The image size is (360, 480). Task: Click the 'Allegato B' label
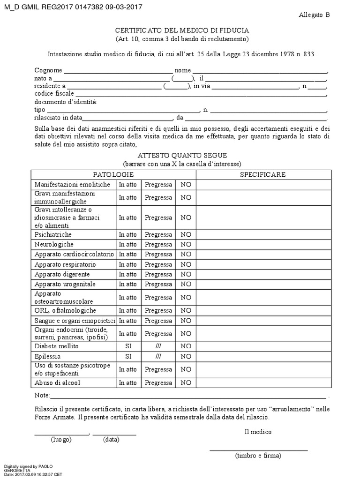(314, 15)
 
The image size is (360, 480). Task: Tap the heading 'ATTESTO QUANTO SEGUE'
(182, 156)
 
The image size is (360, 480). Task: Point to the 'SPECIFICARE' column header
(262, 174)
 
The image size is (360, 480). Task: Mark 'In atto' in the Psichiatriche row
(127, 234)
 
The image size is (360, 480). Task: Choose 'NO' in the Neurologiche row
(186, 244)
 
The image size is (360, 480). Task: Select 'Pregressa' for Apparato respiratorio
(158, 264)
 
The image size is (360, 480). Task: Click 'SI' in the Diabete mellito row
(127, 346)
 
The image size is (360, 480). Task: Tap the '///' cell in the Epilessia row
(158, 356)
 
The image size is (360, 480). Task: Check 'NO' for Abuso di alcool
(186, 382)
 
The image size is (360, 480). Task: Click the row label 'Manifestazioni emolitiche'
(72, 185)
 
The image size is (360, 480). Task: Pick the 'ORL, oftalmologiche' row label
(65, 310)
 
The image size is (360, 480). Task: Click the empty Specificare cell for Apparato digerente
(262, 274)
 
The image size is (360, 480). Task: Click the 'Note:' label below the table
(42, 396)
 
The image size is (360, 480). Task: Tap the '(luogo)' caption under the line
(61, 440)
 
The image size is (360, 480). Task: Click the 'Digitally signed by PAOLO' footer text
(28, 466)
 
